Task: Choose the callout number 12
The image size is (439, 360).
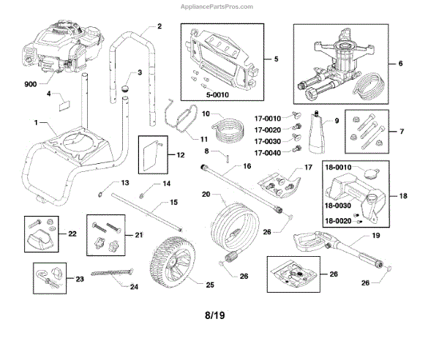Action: coord(181,155)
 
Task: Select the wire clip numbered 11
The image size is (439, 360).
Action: coord(179,116)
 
